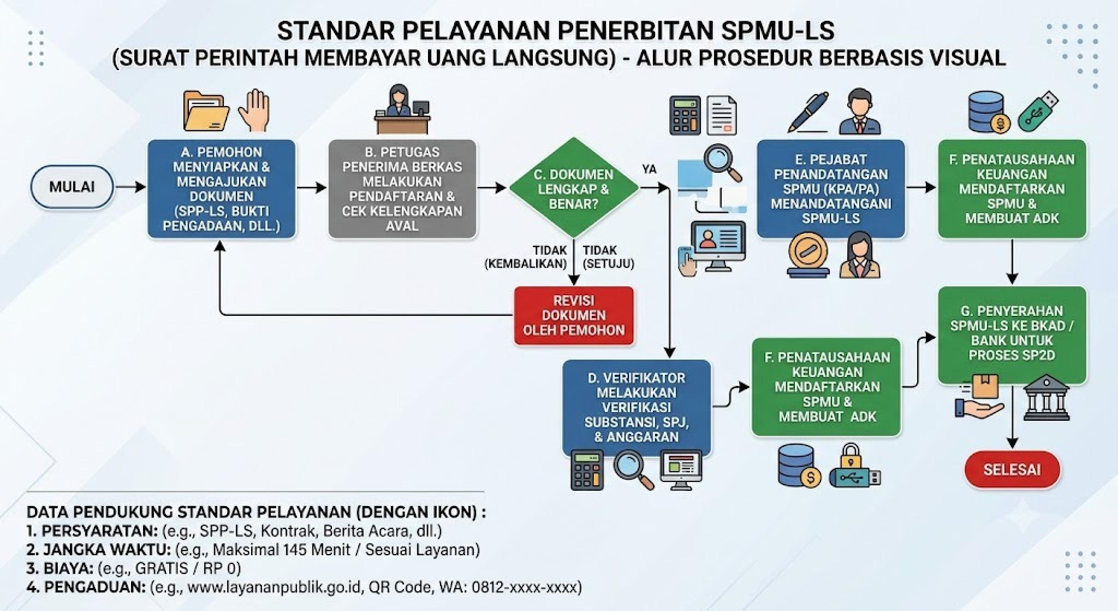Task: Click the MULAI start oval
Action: (72, 187)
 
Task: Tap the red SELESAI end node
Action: (1012, 469)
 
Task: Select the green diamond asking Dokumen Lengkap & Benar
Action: (574, 189)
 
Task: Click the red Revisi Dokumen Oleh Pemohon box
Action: (574, 315)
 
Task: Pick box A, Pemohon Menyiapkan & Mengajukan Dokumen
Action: (222, 189)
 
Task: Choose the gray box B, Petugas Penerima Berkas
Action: (402, 189)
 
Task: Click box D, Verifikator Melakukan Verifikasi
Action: (637, 407)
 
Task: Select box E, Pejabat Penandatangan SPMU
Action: (831, 189)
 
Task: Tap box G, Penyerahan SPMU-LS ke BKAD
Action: (1012, 334)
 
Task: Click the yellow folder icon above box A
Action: (206, 111)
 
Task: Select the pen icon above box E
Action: (808, 112)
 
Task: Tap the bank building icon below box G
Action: (1046, 397)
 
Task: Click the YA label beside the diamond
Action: (649, 169)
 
